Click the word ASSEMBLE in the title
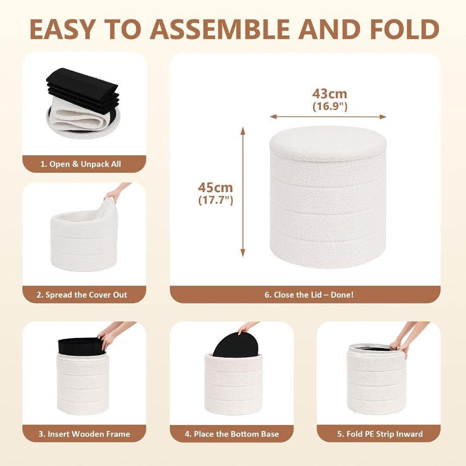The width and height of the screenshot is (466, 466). pos(220,29)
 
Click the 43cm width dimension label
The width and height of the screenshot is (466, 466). pos(330,94)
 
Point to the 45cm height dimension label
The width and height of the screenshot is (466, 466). pos(215,188)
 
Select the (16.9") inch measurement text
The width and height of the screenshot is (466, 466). pos(330,107)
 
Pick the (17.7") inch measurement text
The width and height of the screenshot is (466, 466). pos(216,200)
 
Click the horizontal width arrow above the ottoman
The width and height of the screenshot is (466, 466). pos(328,117)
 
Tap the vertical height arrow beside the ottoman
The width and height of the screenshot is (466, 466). pos(243,192)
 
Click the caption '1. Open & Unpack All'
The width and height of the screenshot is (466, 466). pos(81,164)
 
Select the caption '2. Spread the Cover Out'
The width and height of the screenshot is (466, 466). pos(82,295)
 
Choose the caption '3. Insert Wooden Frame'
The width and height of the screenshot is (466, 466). pos(85,434)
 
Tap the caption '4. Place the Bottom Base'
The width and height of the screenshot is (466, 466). pos(232,434)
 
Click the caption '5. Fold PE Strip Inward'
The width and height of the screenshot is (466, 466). pos(380,434)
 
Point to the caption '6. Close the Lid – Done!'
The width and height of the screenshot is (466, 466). pos(309,295)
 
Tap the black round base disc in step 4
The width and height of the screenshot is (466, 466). pos(236,345)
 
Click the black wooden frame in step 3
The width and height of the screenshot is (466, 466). pos(81,346)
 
